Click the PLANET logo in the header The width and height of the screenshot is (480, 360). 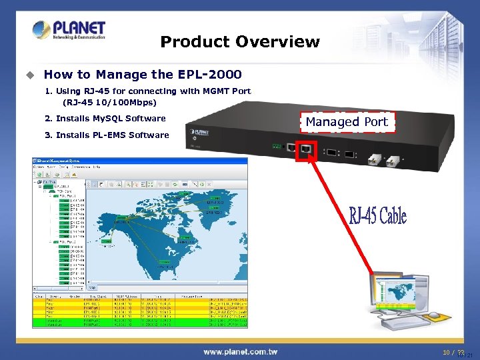click(69, 31)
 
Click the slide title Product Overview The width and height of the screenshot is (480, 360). click(240, 42)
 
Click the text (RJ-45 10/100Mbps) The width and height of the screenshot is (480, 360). click(109, 103)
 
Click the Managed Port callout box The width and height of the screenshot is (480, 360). click(347, 122)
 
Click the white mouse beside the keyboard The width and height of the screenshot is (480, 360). click(434, 315)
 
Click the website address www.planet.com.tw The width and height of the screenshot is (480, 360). click(240, 351)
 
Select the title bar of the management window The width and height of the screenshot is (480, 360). click(140, 161)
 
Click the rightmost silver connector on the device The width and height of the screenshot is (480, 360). click(393, 160)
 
